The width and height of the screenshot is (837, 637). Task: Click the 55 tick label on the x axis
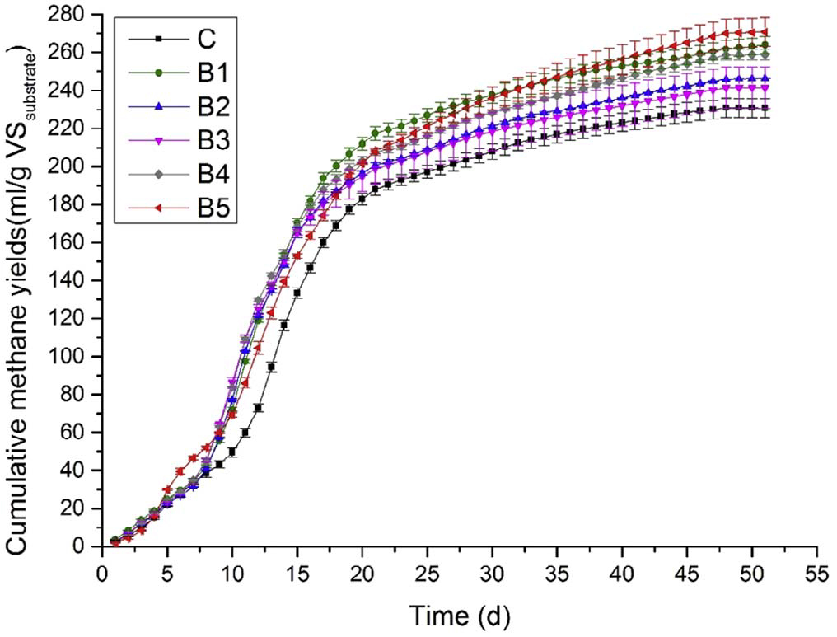click(x=818, y=572)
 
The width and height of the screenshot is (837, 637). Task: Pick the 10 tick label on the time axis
click(x=232, y=572)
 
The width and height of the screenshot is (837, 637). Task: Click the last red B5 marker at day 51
click(x=766, y=32)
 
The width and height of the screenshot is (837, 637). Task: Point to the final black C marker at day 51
click(x=766, y=108)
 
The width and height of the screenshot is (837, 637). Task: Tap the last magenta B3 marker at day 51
click(x=766, y=88)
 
